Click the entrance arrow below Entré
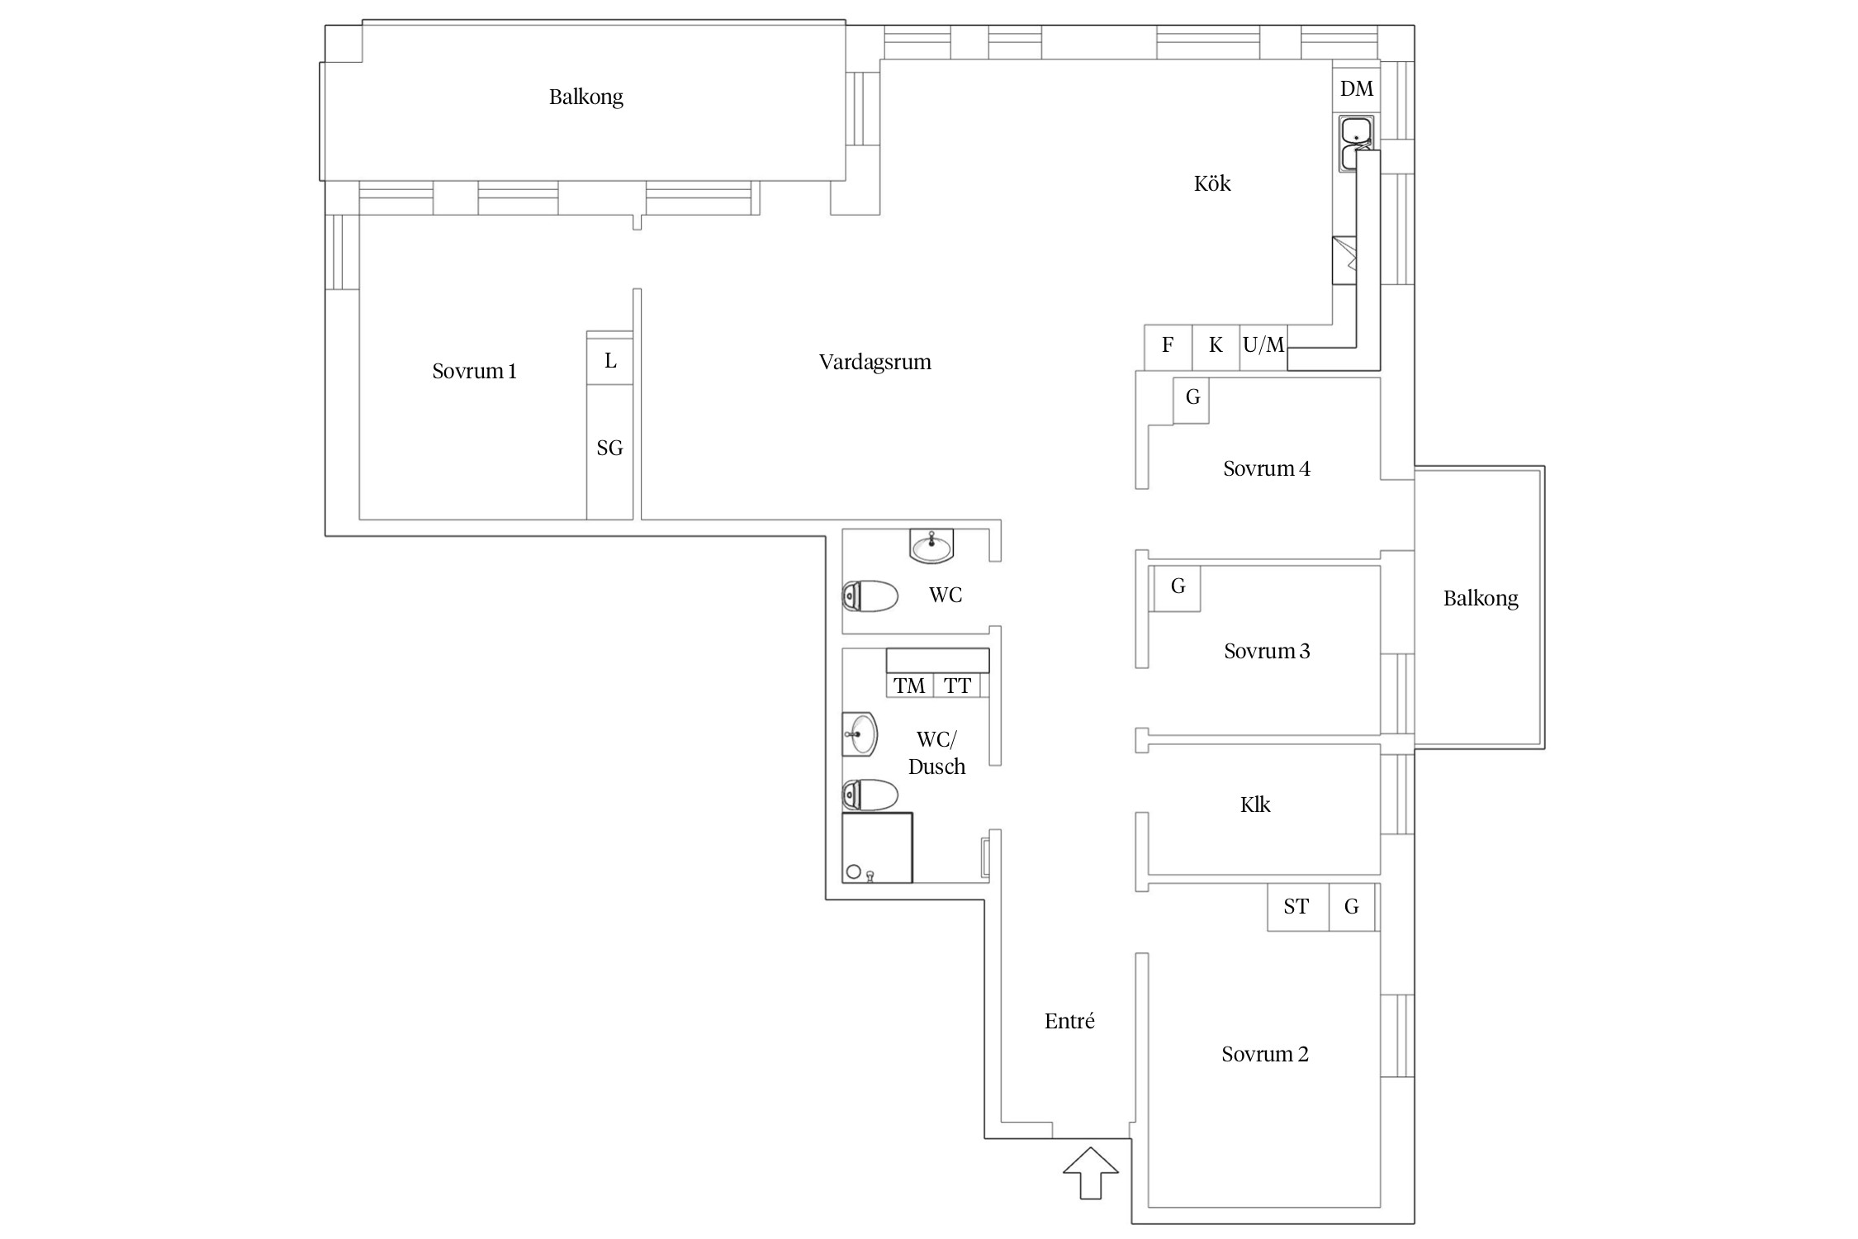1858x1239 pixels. tap(1090, 1173)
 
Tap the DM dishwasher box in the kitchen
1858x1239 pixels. tap(1356, 89)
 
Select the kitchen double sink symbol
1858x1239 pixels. tap(1356, 144)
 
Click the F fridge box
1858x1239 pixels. tap(1168, 347)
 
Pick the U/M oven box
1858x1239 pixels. tap(1264, 347)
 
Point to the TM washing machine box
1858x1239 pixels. tap(909, 686)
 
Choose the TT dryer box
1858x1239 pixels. tap(958, 686)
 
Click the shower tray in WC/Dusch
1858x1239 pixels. tap(877, 847)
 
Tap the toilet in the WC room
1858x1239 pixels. tap(870, 596)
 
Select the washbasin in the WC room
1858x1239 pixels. tap(931, 545)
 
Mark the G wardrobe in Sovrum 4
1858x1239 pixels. tap(1192, 401)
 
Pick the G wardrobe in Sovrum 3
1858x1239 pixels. tap(1176, 588)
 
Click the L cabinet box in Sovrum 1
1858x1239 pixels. tap(610, 361)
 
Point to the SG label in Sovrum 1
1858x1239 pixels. tap(609, 449)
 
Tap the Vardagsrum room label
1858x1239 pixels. tap(875, 363)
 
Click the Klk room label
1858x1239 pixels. tap(1255, 805)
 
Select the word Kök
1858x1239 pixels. tap(1212, 183)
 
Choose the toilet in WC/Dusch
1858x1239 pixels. tap(870, 795)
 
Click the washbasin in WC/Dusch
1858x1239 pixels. tap(860, 733)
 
